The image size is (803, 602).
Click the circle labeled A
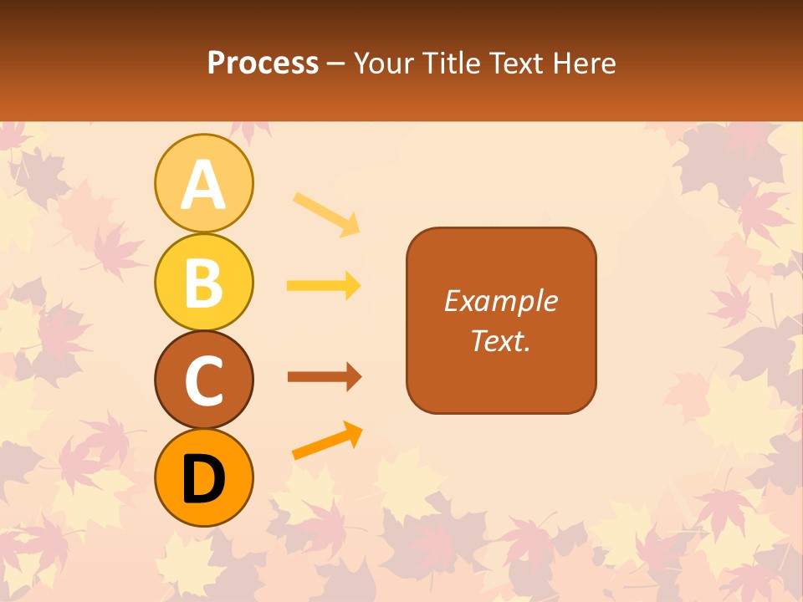[203, 183]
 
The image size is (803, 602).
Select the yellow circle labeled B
[203, 282]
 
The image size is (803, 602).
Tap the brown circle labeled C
[203, 380]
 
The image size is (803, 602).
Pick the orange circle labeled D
[203, 477]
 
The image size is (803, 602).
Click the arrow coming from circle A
[326, 213]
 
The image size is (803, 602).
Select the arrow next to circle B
[324, 286]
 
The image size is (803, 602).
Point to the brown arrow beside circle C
[324, 377]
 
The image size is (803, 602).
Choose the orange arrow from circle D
[327, 441]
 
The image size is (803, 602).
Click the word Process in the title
[263, 64]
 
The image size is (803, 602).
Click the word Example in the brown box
[500, 301]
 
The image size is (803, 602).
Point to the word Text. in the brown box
[500, 341]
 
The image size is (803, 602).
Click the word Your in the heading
[381, 64]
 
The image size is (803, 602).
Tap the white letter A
[203, 185]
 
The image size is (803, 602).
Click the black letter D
[203, 478]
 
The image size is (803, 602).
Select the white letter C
[203, 380]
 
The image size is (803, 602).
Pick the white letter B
[203, 283]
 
